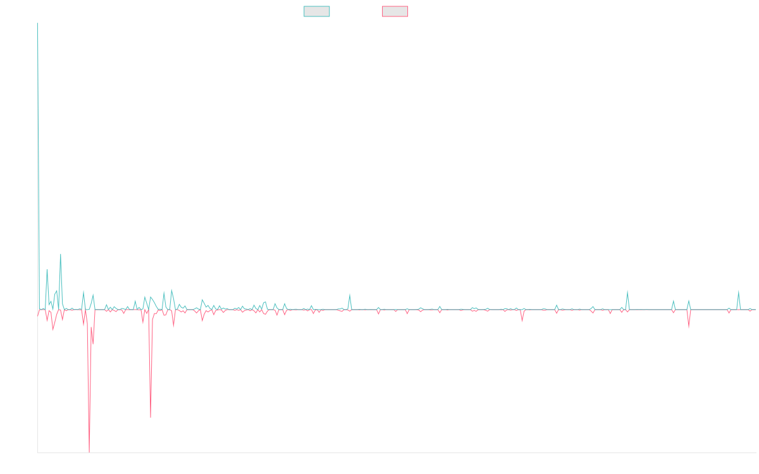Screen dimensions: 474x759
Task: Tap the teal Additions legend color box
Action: point(317,11)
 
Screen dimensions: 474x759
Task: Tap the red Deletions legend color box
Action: point(395,11)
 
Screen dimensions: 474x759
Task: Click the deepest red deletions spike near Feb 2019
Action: point(89,451)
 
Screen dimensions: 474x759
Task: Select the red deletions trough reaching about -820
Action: point(151,416)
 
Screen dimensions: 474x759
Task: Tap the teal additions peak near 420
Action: point(61,254)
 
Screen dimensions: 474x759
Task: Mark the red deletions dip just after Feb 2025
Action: point(689,329)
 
